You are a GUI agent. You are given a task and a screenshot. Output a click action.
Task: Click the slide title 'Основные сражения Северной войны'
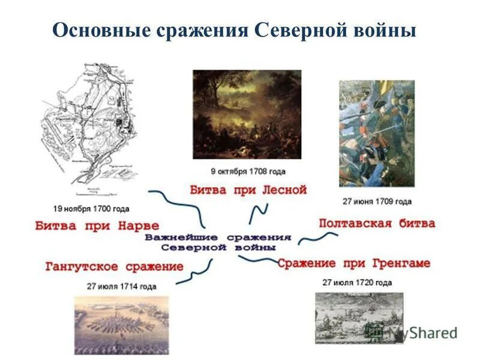(234, 30)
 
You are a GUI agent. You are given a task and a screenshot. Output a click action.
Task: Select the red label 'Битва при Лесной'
(248, 190)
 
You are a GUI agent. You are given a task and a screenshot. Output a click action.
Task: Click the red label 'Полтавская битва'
(377, 223)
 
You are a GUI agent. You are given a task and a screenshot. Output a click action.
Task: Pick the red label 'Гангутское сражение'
(114, 266)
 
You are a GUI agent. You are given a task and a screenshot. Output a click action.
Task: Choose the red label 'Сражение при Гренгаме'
(353, 263)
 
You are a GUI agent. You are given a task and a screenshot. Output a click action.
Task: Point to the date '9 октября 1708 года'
(247, 172)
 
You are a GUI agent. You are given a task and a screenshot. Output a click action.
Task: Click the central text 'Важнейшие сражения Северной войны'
(218, 242)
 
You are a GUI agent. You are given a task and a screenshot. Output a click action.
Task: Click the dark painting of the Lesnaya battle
(247, 114)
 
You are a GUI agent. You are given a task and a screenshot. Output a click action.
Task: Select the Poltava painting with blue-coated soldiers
(376, 133)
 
